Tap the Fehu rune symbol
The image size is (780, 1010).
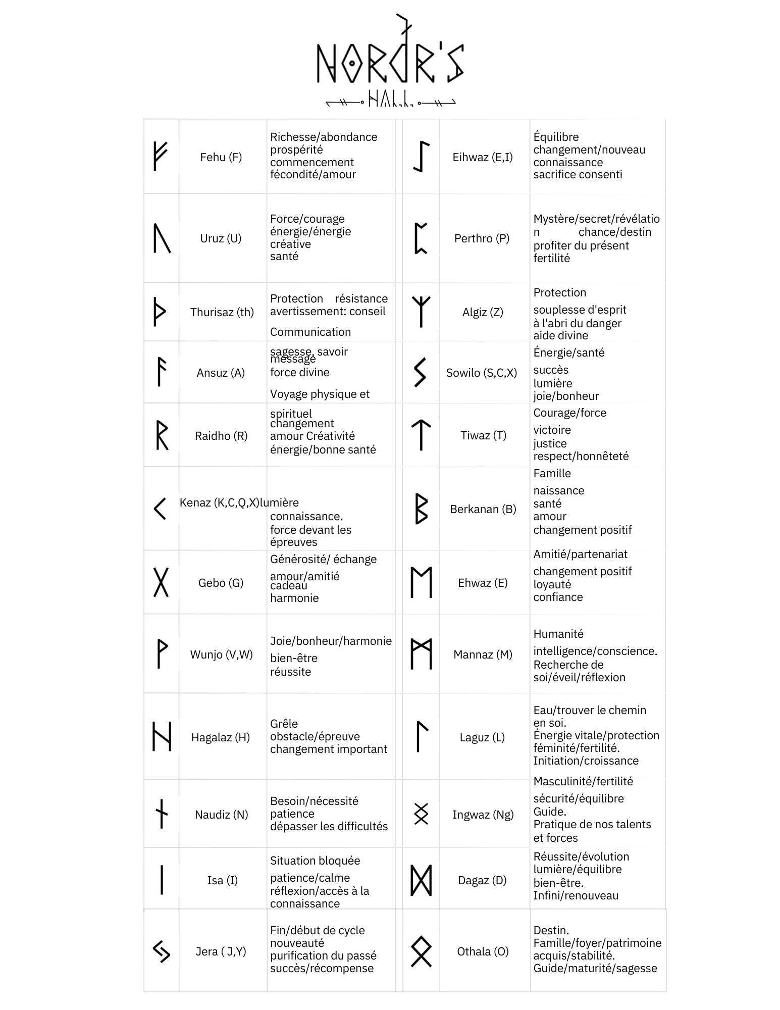[160, 156]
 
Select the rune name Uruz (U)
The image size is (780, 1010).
[221, 238]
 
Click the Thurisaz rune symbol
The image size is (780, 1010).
[160, 312]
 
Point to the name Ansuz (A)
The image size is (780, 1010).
[221, 373]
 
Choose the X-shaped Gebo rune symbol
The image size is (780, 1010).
[161, 582]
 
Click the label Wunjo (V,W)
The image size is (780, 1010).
[221, 654]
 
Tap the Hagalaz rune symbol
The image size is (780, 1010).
[162, 736]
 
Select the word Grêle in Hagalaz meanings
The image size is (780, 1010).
[284, 724]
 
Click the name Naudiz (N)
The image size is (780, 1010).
[221, 815]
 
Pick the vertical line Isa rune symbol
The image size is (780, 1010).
[162, 880]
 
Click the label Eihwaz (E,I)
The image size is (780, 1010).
[482, 157]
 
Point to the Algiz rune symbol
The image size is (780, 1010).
[421, 311]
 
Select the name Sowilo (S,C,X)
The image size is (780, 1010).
[481, 373]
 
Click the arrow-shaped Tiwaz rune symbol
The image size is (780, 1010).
[421, 435]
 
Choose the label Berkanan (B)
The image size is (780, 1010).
[483, 509]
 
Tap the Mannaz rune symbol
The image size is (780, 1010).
[421, 654]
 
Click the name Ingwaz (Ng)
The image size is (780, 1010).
[483, 815]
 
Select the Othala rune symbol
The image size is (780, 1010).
[421, 951]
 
